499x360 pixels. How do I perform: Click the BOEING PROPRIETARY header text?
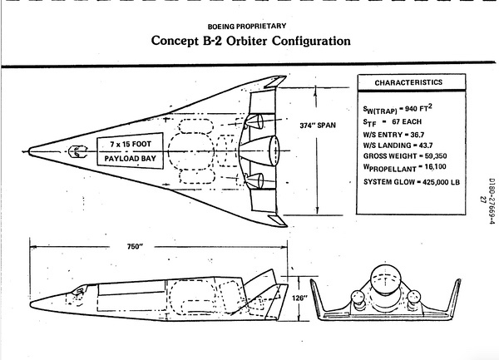coord(249,24)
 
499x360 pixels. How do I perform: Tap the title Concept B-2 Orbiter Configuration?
coord(249,41)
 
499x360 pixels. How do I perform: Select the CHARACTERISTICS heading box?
coord(408,83)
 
